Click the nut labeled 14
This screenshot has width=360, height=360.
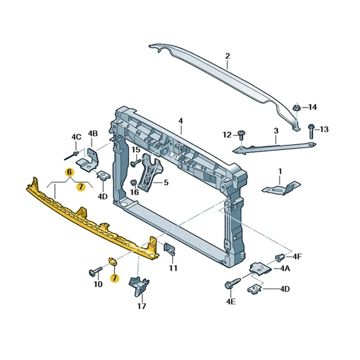(296, 108)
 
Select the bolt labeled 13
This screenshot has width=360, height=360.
(311, 131)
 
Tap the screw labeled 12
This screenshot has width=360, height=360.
(241, 135)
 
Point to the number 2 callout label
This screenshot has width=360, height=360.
(227, 56)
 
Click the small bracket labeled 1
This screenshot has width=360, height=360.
(282, 189)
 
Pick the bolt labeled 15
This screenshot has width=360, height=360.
(135, 163)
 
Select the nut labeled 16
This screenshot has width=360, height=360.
(133, 183)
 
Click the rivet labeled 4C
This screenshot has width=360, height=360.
(71, 155)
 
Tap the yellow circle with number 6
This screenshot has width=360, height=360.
(70, 172)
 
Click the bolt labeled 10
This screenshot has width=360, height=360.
(95, 271)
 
